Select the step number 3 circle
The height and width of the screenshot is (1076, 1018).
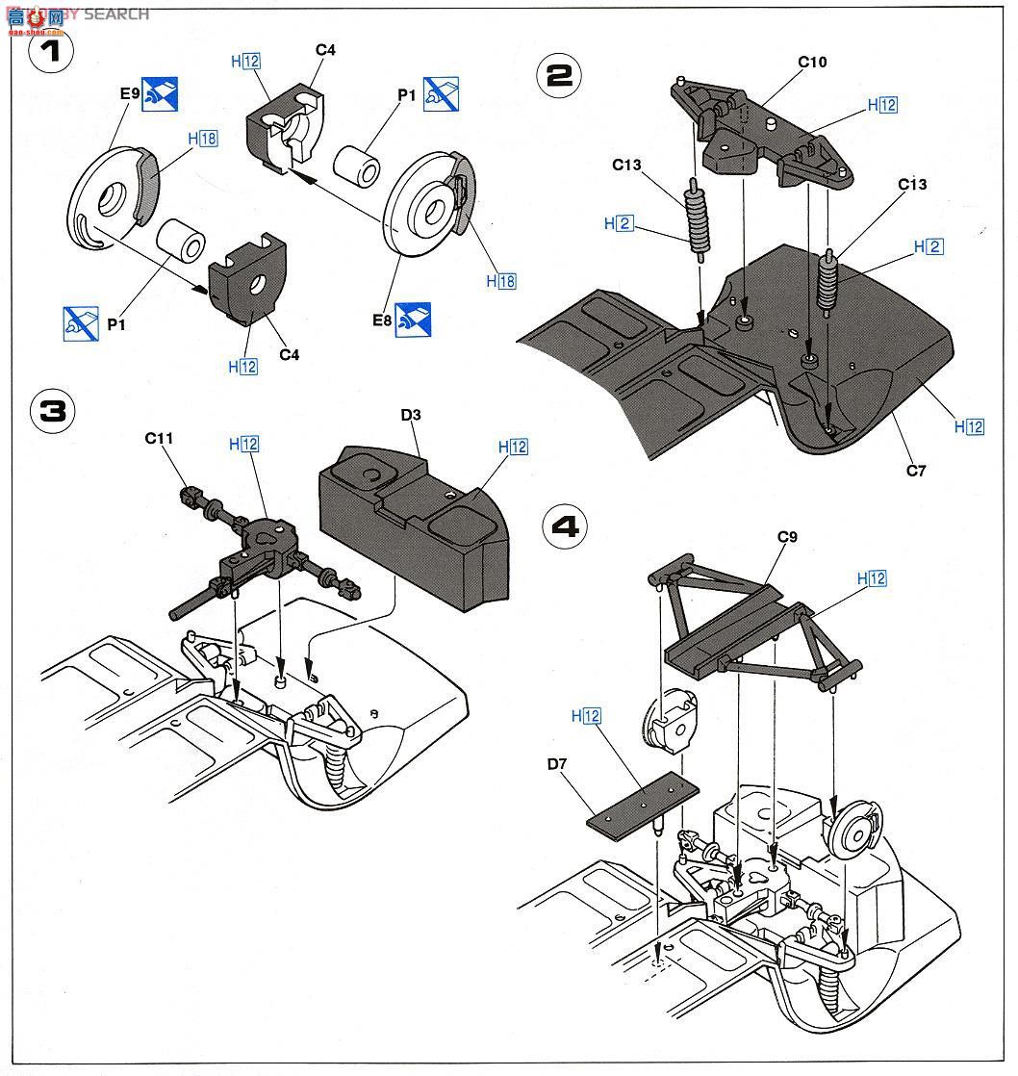tap(53, 411)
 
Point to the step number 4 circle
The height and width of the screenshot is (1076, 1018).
tap(567, 525)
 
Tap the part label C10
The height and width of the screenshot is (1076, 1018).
tap(812, 63)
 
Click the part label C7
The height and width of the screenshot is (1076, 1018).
tap(915, 471)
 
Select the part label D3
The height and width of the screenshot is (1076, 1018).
tap(411, 415)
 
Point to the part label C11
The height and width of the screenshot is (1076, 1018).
tap(160, 438)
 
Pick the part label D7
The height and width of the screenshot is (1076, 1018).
tap(559, 764)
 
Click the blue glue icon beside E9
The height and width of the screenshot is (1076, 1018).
tap(161, 94)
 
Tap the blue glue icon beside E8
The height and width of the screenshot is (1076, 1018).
tap(413, 320)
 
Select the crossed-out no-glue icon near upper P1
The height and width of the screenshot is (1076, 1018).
tap(441, 94)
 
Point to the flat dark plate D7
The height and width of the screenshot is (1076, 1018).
tap(643, 802)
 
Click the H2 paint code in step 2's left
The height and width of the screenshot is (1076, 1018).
tap(619, 223)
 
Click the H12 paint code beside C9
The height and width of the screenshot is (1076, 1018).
tap(871, 578)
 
